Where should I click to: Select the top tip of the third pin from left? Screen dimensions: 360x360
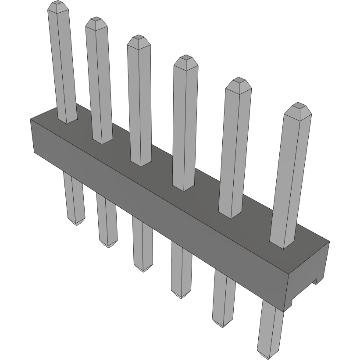139,39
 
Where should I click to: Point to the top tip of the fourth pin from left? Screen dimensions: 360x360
185,58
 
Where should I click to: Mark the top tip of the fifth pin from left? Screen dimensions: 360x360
239,81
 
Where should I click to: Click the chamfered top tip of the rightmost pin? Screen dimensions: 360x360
298,106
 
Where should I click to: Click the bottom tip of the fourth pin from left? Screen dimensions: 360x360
180,295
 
